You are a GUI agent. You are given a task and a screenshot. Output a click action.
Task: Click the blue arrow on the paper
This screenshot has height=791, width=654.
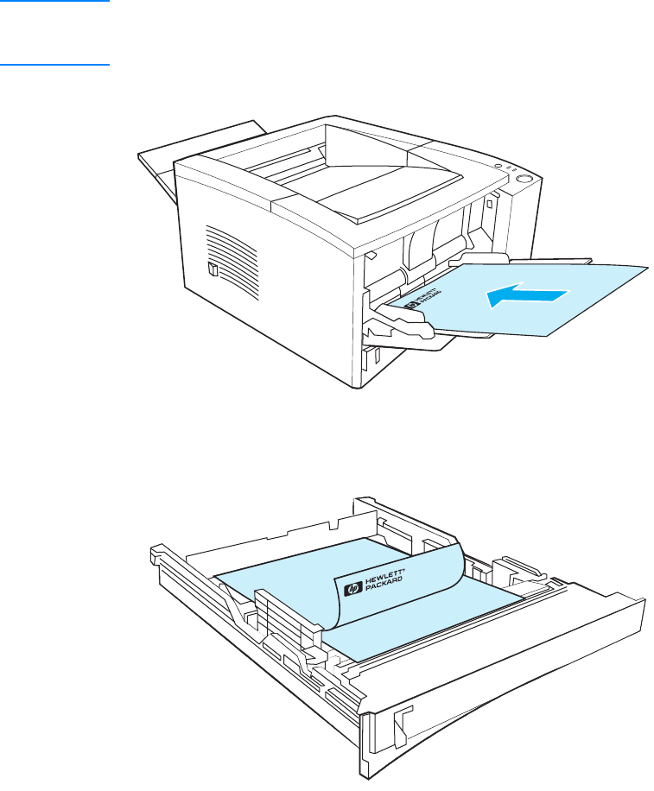click(527, 296)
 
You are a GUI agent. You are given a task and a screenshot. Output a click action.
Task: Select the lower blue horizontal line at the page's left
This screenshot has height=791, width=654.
click(55, 65)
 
